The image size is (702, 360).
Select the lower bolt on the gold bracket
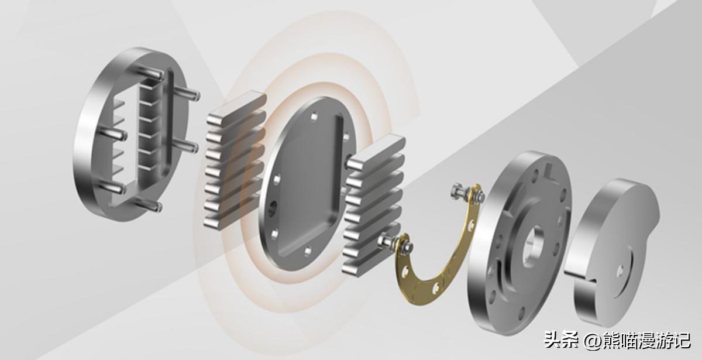point(393,245)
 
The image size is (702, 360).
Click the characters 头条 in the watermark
point(562,340)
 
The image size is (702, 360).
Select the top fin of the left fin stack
point(236,107)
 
